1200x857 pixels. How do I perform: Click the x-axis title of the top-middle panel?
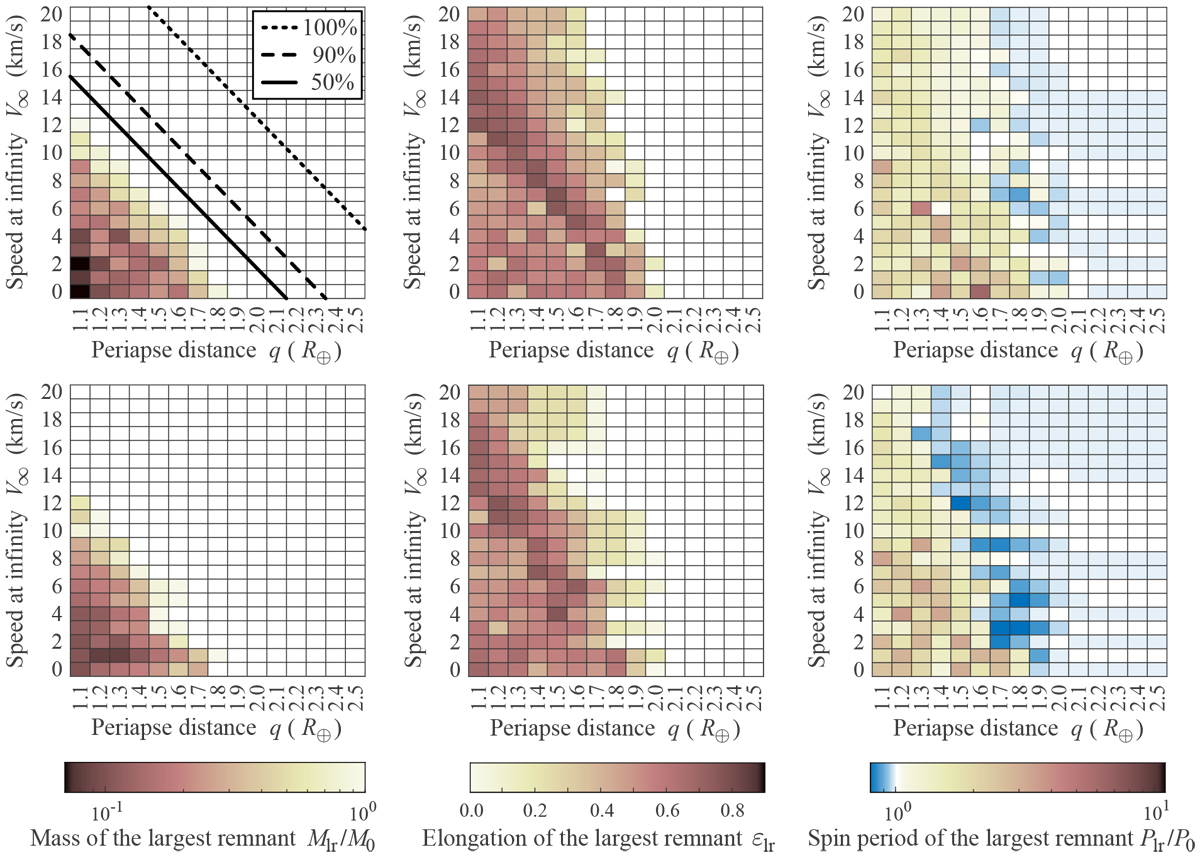tap(618, 351)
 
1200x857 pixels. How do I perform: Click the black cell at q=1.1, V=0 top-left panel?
tap(79, 290)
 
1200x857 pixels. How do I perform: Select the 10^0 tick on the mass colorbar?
tap(362, 807)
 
